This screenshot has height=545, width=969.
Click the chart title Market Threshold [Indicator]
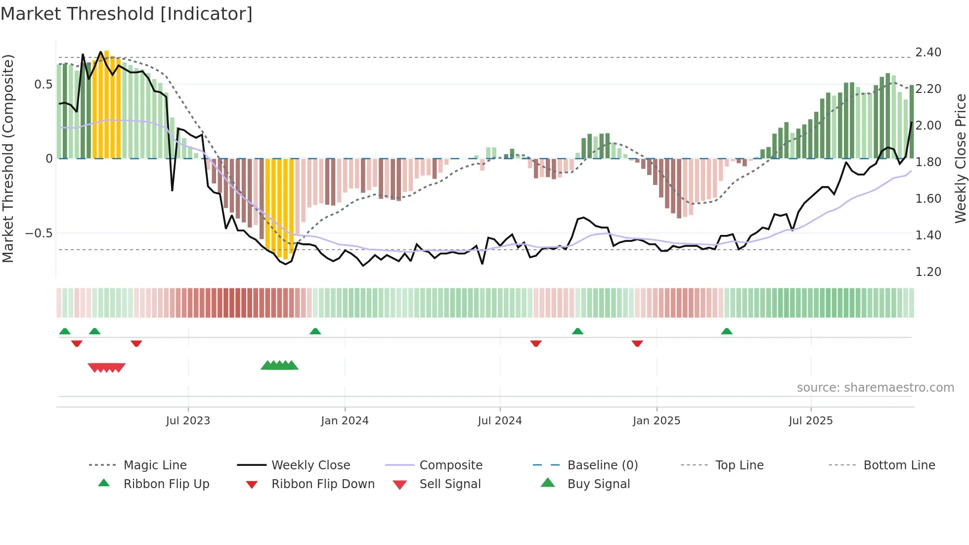[127, 14]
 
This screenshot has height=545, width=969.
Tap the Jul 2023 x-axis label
[188, 421]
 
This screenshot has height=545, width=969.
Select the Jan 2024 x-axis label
[345, 421]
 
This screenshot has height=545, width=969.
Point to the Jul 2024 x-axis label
[500, 421]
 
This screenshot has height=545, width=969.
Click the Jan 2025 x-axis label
[657, 421]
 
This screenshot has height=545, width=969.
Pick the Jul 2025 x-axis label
[811, 421]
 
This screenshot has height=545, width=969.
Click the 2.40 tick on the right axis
[928, 52]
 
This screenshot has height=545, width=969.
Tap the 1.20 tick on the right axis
[928, 272]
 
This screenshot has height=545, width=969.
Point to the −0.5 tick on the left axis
[39, 233]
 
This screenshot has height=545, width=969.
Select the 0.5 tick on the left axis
[43, 85]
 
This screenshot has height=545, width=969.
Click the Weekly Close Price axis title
[960, 158]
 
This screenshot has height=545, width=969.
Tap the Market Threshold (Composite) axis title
[8, 158]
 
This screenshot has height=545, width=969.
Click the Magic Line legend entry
[155, 465]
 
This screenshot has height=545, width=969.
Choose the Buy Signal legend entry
[598, 484]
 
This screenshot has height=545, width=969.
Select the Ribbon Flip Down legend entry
[322, 484]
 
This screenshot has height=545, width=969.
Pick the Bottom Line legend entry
[899, 465]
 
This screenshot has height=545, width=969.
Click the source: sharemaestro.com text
[875, 388]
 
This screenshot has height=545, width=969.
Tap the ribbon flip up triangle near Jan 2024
[315, 331]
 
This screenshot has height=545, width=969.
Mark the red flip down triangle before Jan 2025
[637, 343]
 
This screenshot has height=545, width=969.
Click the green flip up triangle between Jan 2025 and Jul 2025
[727, 331]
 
